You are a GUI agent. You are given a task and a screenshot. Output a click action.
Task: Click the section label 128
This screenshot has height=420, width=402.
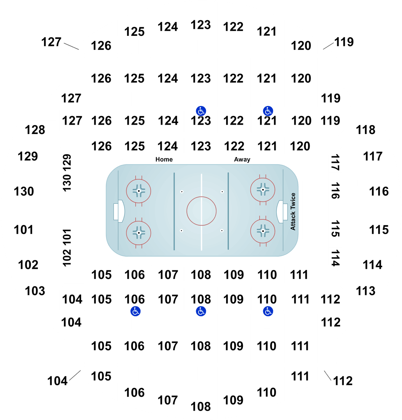pyautogui.click(x=35, y=130)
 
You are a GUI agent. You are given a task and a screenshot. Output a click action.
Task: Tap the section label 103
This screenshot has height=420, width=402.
pyautogui.click(x=35, y=291)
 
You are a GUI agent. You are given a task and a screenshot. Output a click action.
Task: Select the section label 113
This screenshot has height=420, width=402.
pyautogui.click(x=366, y=291)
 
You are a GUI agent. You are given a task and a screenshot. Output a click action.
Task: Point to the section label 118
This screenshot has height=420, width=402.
pyautogui.click(x=366, y=130)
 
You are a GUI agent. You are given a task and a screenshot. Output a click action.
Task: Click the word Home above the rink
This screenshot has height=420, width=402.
pyautogui.click(x=164, y=159)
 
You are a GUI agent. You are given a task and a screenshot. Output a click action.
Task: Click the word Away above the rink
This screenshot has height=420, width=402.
pyautogui.click(x=242, y=159)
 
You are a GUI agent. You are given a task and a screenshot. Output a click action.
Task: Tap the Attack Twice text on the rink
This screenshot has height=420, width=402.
pyautogui.click(x=293, y=211)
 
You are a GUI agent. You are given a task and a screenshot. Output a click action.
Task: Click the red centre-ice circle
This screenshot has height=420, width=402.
pyautogui.click(x=202, y=197)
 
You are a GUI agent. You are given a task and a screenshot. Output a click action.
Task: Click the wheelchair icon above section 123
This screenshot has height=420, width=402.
pyautogui.click(x=201, y=111)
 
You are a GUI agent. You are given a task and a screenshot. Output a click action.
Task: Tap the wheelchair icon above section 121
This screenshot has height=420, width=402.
pyautogui.click(x=268, y=111)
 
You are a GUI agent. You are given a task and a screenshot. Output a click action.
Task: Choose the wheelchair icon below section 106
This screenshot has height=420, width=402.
pyautogui.click(x=135, y=311)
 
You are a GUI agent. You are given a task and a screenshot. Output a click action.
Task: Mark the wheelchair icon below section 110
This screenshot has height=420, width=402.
pyautogui.click(x=268, y=311)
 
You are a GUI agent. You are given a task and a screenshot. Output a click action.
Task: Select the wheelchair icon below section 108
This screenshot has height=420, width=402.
pyautogui.click(x=201, y=311)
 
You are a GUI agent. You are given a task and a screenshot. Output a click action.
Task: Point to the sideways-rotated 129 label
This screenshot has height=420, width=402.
pyautogui.click(x=67, y=162)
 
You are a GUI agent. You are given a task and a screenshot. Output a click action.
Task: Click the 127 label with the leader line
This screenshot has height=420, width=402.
pyautogui.click(x=51, y=42)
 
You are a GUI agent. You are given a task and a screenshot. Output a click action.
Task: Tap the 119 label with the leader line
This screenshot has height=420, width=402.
pyautogui.click(x=344, y=42)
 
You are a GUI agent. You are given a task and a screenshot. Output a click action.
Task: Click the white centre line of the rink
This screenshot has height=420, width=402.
pyautogui.click(x=202, y=212)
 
